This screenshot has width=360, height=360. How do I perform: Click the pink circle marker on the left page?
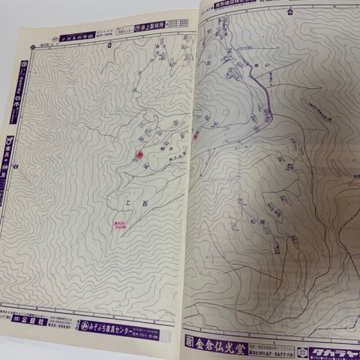click(139, 155)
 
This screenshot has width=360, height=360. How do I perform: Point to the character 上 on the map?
click(127, 202)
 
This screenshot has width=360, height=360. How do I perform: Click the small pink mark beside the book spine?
click(196, 136)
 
